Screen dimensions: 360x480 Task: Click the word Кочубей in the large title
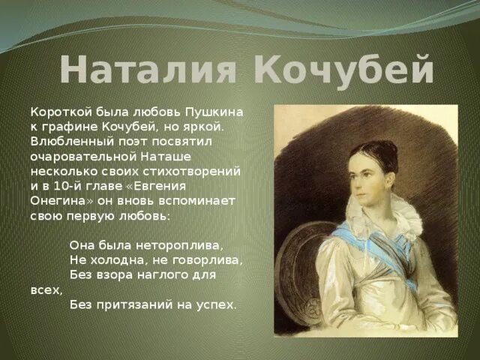(344, 70)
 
